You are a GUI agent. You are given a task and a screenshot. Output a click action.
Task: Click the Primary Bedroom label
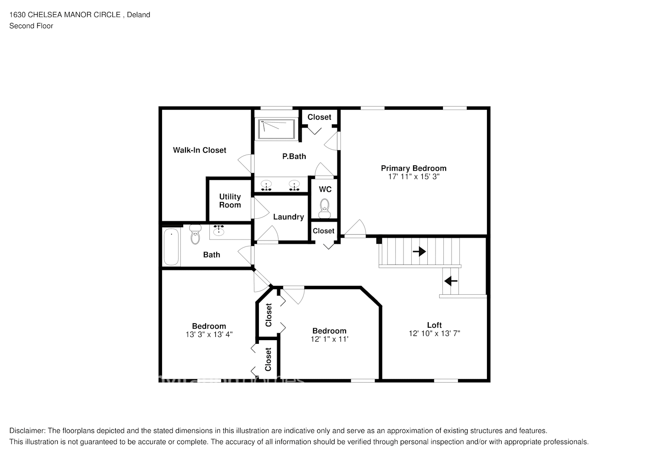(x=413, y=168)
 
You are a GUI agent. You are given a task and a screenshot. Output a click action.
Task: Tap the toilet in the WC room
(x=325, y=207)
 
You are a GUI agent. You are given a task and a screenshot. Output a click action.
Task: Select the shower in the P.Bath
(x=277, y=129)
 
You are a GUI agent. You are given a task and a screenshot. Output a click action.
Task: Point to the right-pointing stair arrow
(x=419, y=252)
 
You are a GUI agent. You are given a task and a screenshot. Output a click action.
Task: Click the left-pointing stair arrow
(x=451, y=280)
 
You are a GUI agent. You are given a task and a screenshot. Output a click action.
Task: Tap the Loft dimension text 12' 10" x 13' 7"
(x=434, y=334)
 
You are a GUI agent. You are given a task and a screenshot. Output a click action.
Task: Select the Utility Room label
(x=230, y=201)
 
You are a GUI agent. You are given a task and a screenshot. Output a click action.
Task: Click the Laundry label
(x=288, y=217)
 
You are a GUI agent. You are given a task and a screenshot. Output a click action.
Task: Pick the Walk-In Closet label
(x=199, y=150)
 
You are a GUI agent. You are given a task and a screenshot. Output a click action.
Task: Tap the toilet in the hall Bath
(x=196, y=234)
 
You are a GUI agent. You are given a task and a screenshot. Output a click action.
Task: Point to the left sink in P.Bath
(x=266, y=186)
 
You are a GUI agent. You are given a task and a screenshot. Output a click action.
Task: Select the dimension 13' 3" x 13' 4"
(x=209, y=335)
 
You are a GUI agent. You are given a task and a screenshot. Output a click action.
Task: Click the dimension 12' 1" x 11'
(x=329, y=339)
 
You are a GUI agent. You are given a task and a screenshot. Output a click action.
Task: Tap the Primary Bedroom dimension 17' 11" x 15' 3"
(x=413, y=177)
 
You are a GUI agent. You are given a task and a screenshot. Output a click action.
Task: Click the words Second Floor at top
(x=31, y=26)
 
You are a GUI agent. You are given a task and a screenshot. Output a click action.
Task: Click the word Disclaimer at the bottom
(x=27, y=431)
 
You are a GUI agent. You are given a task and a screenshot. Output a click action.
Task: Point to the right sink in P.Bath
(x=294, y=186)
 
